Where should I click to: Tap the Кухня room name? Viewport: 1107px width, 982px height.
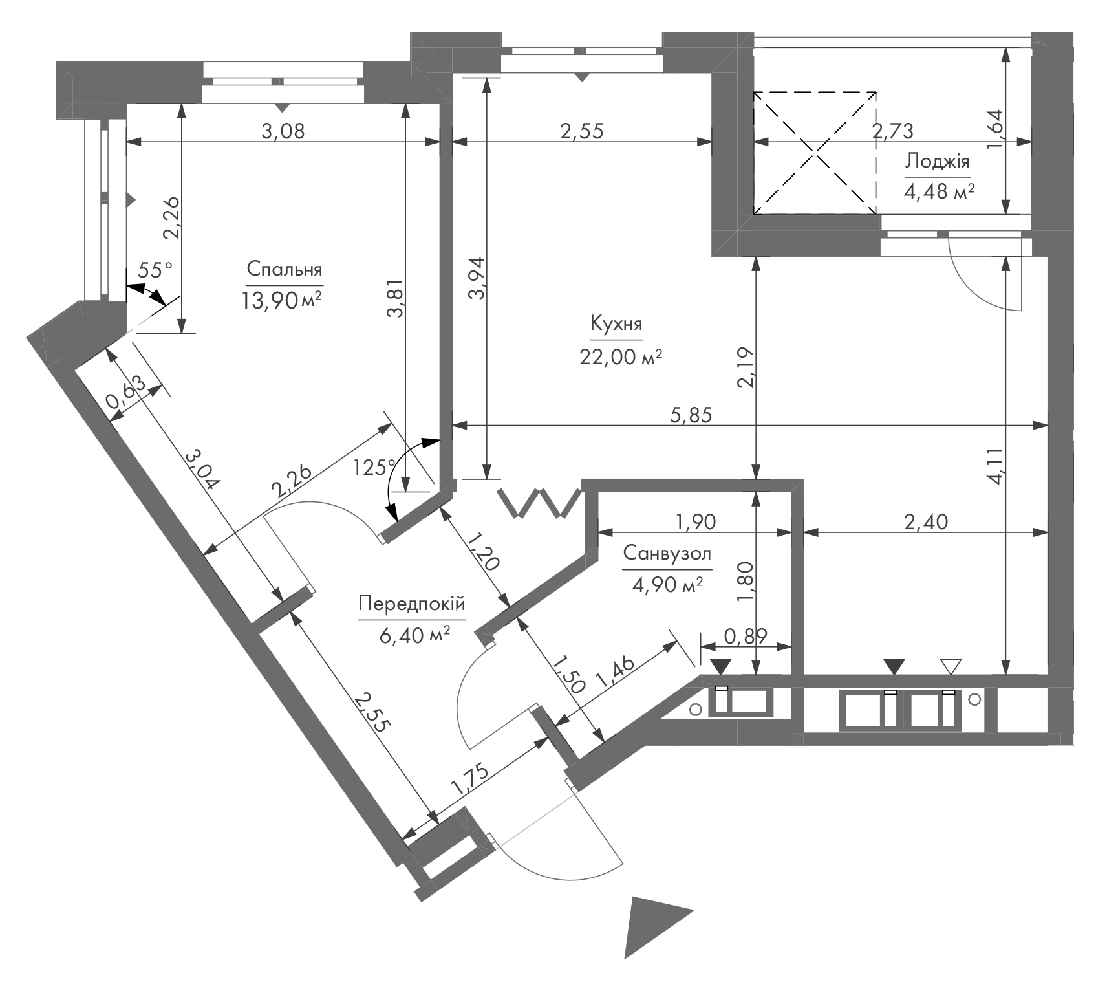pos(616,324)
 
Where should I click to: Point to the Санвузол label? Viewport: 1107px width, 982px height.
pos(667,554)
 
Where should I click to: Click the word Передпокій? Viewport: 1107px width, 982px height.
pos(412,604)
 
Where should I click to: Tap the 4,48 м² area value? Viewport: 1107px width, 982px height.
pos(939,192)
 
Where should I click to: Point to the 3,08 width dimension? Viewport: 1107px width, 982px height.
pos(283,131)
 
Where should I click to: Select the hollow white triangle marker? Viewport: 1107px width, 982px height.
pos(951,667)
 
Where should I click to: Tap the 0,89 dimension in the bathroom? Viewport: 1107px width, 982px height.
pos(745,637)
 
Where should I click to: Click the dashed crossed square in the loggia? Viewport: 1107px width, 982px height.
pos(815,153)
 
